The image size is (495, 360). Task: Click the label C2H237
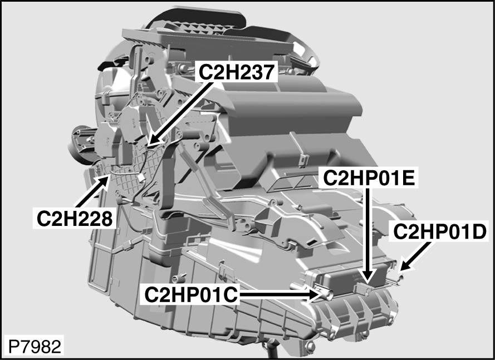click(x=238, y=71)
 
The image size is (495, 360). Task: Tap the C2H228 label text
click(x=75, y=218)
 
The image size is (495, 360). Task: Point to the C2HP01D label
click(x=440, y=231)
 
